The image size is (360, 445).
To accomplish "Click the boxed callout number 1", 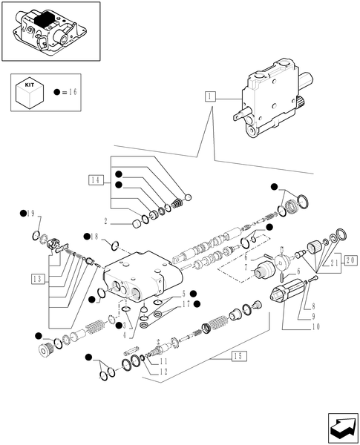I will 212,96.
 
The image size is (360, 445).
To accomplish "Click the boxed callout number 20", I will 350,260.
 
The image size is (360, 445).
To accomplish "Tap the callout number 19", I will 32,214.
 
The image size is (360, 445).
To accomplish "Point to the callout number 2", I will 106,221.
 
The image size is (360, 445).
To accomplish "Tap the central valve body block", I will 145,278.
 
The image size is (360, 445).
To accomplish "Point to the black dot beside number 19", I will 23,214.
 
